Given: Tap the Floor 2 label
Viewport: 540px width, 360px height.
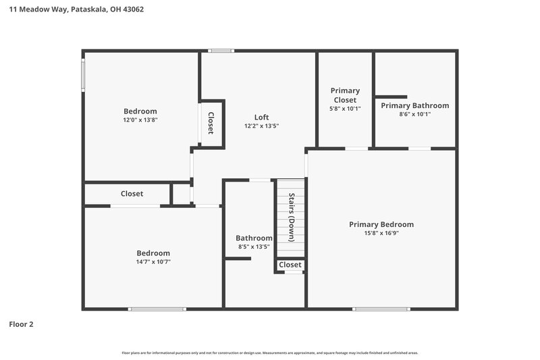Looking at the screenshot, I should coord(21,324).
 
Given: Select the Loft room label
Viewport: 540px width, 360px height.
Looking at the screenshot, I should coord(261,117).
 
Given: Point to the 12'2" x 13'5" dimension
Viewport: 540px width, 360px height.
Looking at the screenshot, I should coord(261,126).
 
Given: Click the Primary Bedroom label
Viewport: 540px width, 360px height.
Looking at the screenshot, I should coord(381,224).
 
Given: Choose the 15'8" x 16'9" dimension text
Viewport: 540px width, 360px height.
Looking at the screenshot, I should coord(381,233).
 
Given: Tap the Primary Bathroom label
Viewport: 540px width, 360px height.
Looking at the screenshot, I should coord(414,105).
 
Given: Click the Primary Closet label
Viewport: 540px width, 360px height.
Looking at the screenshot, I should coord(345,95).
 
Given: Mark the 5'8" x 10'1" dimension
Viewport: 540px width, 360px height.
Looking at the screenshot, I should coord(345,108).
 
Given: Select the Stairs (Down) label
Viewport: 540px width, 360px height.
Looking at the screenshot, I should coord(292,217).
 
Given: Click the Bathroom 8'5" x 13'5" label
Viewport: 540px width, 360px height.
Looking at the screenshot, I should coord(254,242).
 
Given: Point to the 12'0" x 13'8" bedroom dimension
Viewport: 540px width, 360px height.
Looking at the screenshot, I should coord(140,120).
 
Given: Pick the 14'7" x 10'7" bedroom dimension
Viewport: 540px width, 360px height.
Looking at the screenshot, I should coord(153,261).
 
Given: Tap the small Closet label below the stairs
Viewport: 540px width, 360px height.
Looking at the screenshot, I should coord(290,265).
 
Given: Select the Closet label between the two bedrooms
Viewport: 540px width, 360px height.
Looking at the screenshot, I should coord(132,194).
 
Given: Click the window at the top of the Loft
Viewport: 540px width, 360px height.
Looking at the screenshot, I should coord(221,51).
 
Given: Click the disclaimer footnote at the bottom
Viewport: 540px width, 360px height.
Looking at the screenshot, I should coord(269,353).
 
